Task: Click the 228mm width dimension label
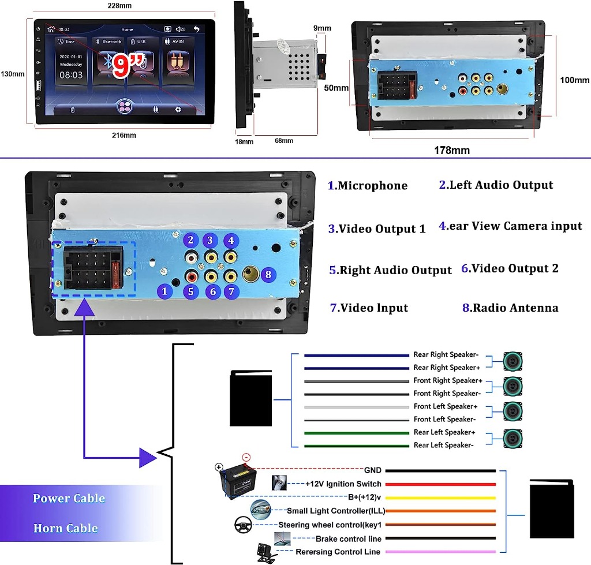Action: tap(119, 6)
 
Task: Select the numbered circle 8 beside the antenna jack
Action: tap(267, 275)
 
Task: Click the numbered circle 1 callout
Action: tap(164, 291)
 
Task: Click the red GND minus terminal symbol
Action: tap(246, 458)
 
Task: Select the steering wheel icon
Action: tap(242, 525)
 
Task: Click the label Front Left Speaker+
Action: tap(445, 406)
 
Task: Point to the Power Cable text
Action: tap(69, 499)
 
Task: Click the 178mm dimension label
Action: tap(452, 151)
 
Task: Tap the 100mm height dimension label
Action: tap(575, 80)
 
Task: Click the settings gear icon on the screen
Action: tap(178, 109)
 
